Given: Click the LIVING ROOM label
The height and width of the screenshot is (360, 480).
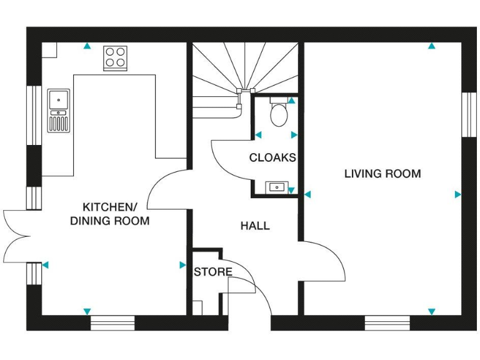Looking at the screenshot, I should [x=382, y=174].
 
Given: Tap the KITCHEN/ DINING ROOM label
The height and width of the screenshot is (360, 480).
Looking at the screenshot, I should [x=109, y=214].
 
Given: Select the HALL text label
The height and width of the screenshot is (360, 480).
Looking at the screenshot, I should [x=255, y=226].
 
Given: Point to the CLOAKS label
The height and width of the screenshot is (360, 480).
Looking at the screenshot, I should [x=272, y=157].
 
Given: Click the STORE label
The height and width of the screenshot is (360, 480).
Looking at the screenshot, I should [x=212, y=272].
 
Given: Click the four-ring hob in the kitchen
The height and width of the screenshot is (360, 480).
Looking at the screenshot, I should [x=116, y=57].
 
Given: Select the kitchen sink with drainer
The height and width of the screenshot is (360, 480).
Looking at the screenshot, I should [x=59, y=111].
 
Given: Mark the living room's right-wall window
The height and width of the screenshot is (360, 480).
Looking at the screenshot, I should [x=469, y=115].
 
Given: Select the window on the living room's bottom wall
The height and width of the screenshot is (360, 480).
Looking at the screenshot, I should [x=387, y=322].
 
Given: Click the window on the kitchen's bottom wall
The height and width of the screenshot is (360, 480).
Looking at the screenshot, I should [x=112, y=322].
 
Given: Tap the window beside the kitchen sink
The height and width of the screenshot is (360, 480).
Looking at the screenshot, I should [x=33, y=115].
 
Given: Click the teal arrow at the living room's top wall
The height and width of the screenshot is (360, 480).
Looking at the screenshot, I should [x=431, y=46].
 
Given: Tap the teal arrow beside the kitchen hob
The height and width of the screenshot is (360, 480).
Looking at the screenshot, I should [x=87, y=46].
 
